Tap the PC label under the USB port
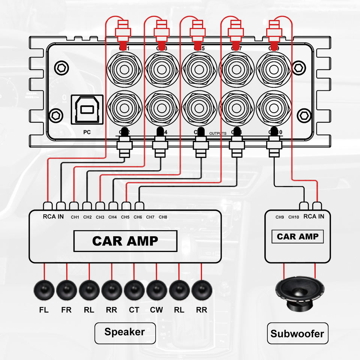point(87,132)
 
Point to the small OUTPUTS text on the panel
point(217,133)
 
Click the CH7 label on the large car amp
point(150,217)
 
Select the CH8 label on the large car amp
point(163,217)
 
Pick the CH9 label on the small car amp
point(280,217)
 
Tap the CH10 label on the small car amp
point(294,217)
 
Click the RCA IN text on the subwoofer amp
point(313,216)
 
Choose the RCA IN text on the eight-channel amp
point(53,216)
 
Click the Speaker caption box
point(124,332)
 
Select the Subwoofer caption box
point(297,333)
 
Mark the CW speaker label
point(156,310)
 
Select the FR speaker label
point(66,310)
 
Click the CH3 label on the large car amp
point(100,217)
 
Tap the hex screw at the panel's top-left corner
point(60,67)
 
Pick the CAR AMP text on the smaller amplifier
point(297,237)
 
